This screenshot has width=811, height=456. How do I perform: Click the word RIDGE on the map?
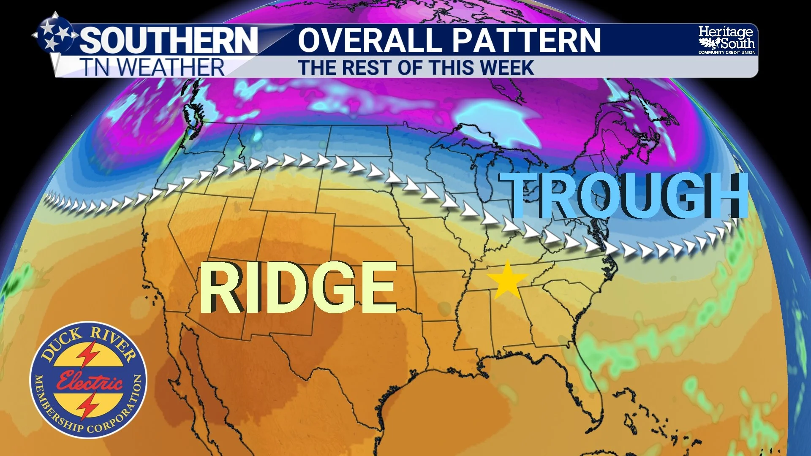298,287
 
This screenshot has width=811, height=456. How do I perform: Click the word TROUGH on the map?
623,196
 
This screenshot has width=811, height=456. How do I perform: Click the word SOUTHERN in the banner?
169,40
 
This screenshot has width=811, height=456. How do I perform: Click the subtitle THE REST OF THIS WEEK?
416,68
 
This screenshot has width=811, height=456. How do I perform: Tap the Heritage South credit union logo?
726,40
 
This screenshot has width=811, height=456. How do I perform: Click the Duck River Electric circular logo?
89,380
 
